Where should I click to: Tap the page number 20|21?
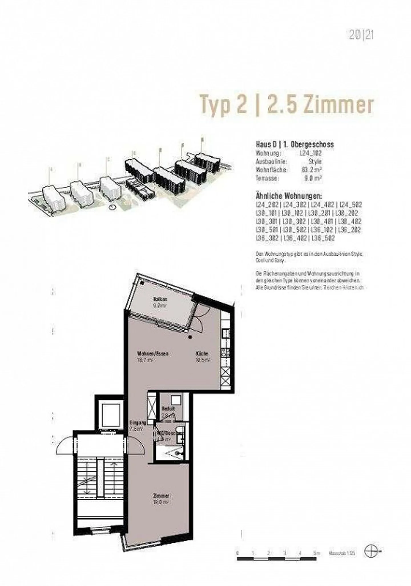361,35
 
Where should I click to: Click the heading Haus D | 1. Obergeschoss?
295,144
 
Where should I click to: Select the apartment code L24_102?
311,153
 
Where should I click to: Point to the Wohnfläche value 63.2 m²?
312,170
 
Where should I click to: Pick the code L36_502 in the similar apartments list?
323,238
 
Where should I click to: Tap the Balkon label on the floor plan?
160,299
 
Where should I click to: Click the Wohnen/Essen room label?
153,353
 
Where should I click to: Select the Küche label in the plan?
202,353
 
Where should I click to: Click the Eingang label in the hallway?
138,423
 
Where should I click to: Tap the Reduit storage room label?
168,408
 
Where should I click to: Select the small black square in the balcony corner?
142,283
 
